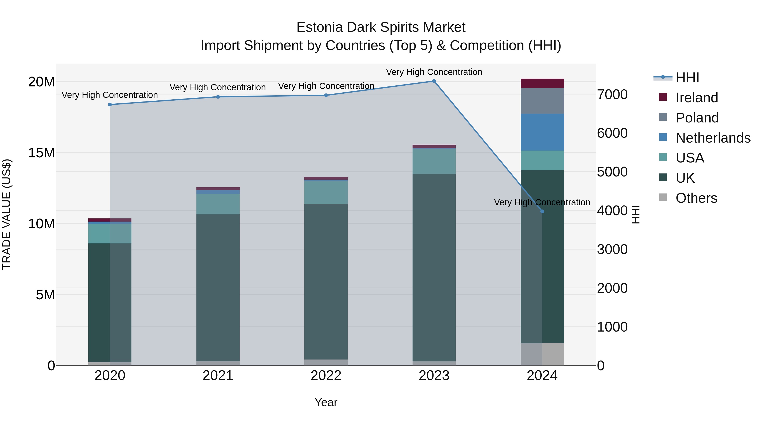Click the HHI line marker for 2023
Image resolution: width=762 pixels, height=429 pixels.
(434, 81)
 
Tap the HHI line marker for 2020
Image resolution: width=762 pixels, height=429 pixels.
(110, 104)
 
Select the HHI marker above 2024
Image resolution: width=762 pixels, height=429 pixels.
(542, 211)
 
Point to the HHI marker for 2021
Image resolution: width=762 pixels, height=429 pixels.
(218, 97)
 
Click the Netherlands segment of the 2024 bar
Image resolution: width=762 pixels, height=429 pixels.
(542, 132)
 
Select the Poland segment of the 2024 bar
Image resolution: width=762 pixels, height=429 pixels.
(542, 101)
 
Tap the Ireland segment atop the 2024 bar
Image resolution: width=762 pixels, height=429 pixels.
(542, 83)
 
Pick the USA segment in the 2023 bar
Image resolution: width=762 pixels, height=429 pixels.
(434, 161)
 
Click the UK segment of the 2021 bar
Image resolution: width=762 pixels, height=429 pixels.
(218, 287)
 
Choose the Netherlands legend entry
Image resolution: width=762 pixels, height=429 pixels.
(713, 138)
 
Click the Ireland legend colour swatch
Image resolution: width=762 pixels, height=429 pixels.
(663, 97)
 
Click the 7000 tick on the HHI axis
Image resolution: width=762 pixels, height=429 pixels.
(612, 95)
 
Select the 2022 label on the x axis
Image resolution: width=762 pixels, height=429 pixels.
(326, 376)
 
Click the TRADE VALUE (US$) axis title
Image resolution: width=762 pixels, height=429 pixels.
(7, 214)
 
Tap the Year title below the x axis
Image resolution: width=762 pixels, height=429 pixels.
(326, 402)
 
